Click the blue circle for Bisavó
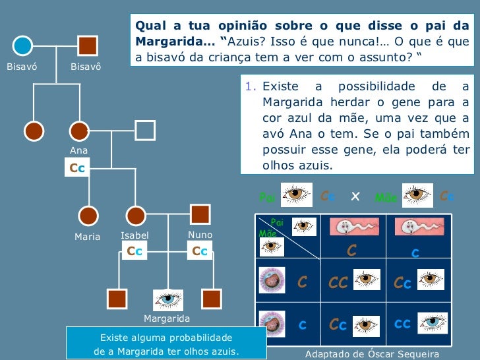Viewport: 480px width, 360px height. (x=23, y=46)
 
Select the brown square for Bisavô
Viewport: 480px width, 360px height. (x=87, y=46)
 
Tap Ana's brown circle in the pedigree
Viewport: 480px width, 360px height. (x=79, y=131)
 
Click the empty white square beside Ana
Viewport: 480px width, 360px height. (x=145, y=131)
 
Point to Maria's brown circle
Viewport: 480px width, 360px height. (x=88, y=216)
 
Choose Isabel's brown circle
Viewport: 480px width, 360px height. (x=135, y=216)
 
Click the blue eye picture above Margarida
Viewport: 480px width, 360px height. (x=168, y=299)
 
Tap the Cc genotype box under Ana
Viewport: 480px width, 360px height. (x=78, y=168)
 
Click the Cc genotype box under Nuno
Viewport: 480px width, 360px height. (x=200, y=251)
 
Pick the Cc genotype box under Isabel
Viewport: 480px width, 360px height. (x=135, y=251)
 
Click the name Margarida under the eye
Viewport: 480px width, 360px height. (x=167, y=318)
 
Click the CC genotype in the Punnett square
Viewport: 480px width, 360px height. (x=338, y=284)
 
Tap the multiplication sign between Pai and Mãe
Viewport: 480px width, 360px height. (x=355, y=196)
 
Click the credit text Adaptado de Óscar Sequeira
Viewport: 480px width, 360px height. (x=372, y=354)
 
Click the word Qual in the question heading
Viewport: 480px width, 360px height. (x=150, y=26)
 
